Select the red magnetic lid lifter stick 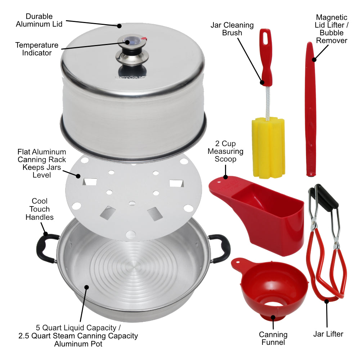(310, 108)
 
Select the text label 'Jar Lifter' (328, 334)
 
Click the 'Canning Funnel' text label (273, 338)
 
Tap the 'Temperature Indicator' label (36, 49)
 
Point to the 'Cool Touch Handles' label (40, 209)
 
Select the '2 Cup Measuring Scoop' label (225, 152)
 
